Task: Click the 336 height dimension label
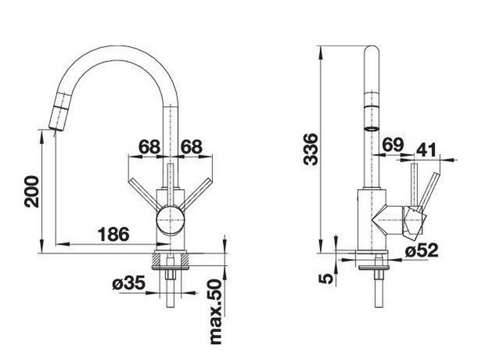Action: pyautogui.click(x=311, y=149)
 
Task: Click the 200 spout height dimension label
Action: pyautogui.click(x=32, y=191)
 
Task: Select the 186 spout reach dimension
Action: pyautogui.click(x=113, y=234)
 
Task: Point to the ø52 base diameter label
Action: pyautogui.click(x=422, y=251)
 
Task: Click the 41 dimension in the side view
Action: pyautogui.click(x=426, y=150)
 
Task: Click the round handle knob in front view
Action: pyautogui.click(x=170, y=220)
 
